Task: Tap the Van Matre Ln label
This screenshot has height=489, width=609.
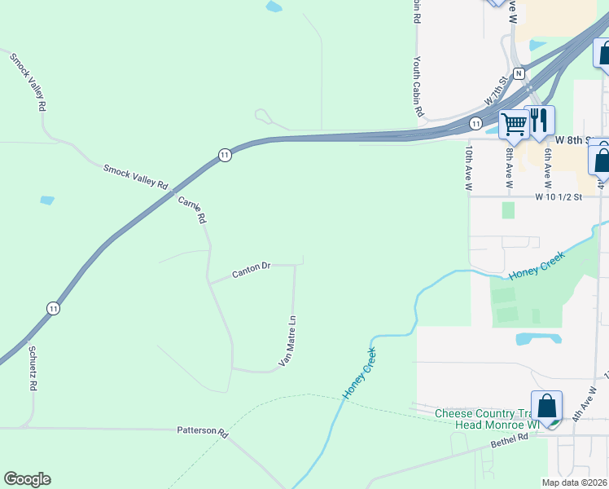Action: click(x=287, y=341)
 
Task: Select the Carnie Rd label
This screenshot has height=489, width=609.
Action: click(x=192, y=209)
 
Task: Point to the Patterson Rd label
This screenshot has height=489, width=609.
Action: click(x=201, y=430)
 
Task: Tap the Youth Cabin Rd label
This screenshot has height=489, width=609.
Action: click(x=418, y=86)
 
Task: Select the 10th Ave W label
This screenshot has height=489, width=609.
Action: click(x=469, y=170)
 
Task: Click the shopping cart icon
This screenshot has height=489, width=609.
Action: click(x=514, y=125)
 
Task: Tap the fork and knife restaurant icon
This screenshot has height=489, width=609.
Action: click(x=539, y=121)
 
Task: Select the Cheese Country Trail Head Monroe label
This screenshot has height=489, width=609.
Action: click(x=488, y=419)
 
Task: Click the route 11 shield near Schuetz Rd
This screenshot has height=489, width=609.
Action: click(x=53, y=308)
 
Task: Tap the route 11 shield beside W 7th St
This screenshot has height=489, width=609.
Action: click(x=474, y=123)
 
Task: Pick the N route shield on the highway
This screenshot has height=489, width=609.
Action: click(x=519, y=73)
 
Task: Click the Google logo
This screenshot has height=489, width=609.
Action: click(x=27, y=479)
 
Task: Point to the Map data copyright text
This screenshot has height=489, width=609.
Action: click(x=575, y=483)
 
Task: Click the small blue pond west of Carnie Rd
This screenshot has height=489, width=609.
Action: click(x=47, y=200)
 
